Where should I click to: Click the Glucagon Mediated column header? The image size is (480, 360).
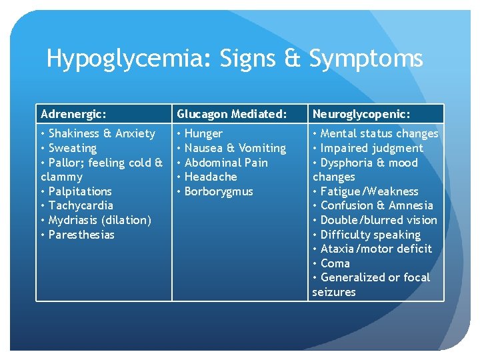(232, 114)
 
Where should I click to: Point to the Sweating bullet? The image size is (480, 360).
(72, 148)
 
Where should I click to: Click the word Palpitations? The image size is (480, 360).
(80, 191)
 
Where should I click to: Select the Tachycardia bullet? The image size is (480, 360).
(81, 205)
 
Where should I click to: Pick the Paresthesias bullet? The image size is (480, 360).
(81, 235)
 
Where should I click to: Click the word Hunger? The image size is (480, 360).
(203, 133)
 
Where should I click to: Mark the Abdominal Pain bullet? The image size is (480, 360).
(225, 163)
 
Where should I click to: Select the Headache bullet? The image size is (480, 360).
(210, 177)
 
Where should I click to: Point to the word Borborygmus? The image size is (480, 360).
(219, 191)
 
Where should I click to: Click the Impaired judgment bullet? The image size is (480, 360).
(371, 148)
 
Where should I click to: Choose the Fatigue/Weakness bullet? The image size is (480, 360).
(369, 191)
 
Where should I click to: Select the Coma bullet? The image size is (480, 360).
(335, 263)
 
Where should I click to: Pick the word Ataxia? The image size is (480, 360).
(338, 249)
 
